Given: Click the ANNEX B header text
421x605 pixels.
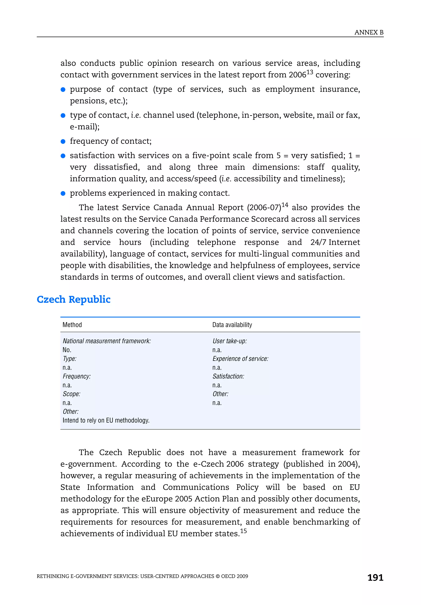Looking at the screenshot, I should [369, 33].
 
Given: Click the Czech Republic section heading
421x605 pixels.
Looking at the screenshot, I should [73, 299].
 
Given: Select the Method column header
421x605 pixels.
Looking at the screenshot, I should [72, 325].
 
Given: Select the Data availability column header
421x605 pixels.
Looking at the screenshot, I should [232, 325].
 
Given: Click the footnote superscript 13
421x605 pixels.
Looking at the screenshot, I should [310, 72].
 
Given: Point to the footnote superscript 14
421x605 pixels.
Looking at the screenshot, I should [285, 205].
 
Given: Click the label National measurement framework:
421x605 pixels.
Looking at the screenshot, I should [107, 341].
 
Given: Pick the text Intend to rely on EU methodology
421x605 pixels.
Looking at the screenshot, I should [106, 420].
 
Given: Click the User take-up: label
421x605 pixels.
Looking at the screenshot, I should [230, 341].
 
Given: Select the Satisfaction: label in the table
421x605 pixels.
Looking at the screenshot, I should [228, 376].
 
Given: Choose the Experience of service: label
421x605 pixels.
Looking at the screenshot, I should [240, 359].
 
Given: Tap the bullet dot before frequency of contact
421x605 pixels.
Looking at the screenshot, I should [63, 142].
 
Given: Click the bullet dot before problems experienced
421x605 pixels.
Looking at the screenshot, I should [63, 193].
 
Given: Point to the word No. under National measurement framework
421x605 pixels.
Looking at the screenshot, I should [67, 350].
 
